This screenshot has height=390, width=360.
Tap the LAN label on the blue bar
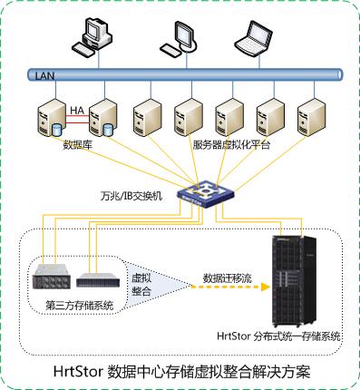(44, 75)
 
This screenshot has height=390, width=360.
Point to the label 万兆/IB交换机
(131, 195)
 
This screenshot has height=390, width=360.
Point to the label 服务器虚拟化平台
(231, 145)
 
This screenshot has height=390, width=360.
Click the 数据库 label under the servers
(76, 145)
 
